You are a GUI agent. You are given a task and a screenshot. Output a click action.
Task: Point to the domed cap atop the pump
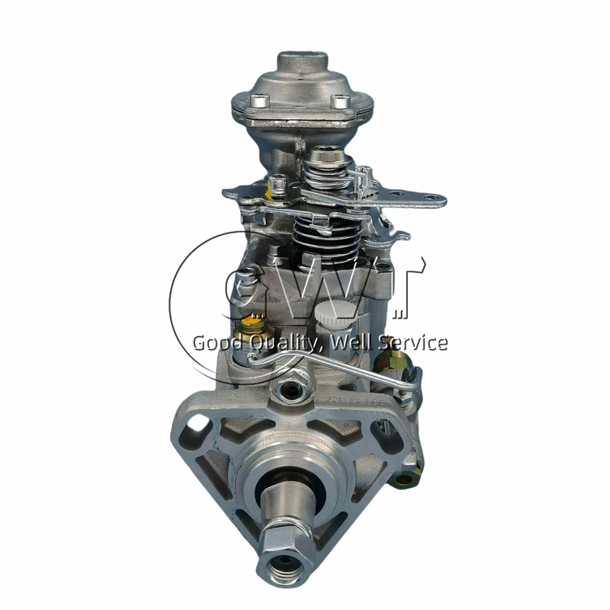tap(302, 64)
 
